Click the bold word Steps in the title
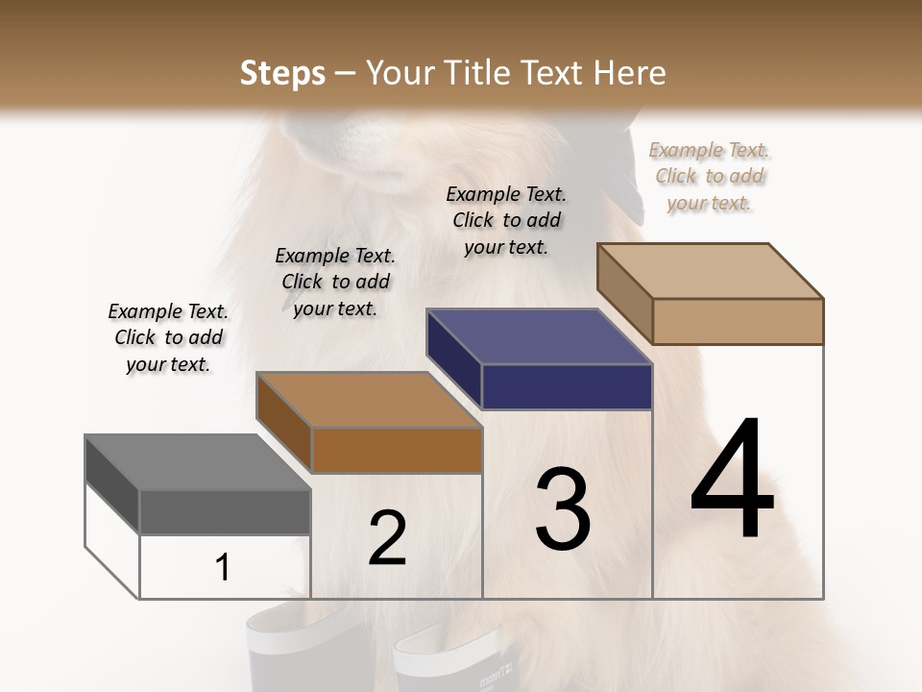click(x=282, y=73)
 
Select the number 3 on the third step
click(x=563, y=508)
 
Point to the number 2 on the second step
click(x=388, y=538)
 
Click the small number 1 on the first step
click(x=222, y=568)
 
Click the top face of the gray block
click(x=198, y=463)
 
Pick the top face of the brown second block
click(x=369, y=400)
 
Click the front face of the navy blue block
click(x=567, y=386)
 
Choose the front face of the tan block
click(x=738, y=321)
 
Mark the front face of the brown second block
click(x=396, y=450)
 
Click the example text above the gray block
click(x=168, y=337)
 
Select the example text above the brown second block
click(x=335, y=282)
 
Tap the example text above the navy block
click(x=506, y=220)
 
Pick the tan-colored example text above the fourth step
click(x=709, y=176)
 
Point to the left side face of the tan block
click(x=624, y=293)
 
